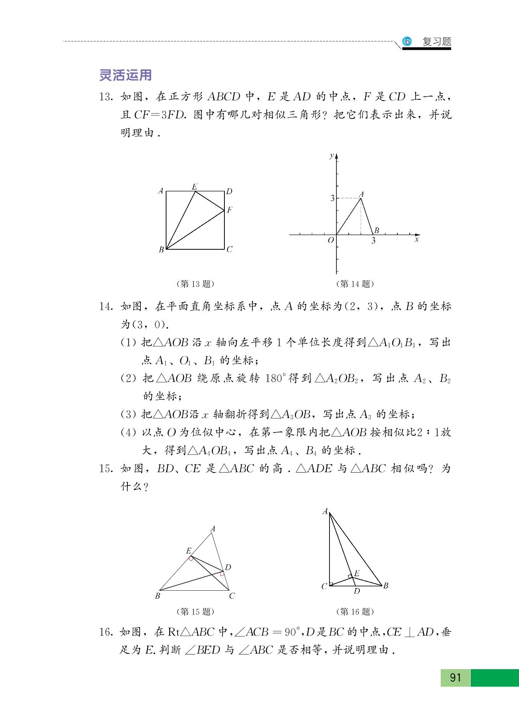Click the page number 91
click(455, 677)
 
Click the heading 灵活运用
click(125, 75)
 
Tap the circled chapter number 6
click(407, 41)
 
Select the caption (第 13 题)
click(195, 284)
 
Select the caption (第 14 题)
click(355, 284)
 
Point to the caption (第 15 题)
click(195, 611)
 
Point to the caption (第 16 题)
click(355, 611)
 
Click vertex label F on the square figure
click(229, 210)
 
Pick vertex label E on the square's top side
click(194, 186)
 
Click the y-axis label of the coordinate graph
click(332, 156)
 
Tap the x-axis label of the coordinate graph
click(417, 240)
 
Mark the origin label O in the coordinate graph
click(331, 240)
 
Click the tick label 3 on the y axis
click(332, 198)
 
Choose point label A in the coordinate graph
click(361, 194)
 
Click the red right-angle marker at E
click(191, 558)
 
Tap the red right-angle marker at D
click(222, 574)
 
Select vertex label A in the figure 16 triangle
click(325, 511)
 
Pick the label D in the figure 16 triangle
click(357, 591)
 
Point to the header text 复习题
click(437, 41)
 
